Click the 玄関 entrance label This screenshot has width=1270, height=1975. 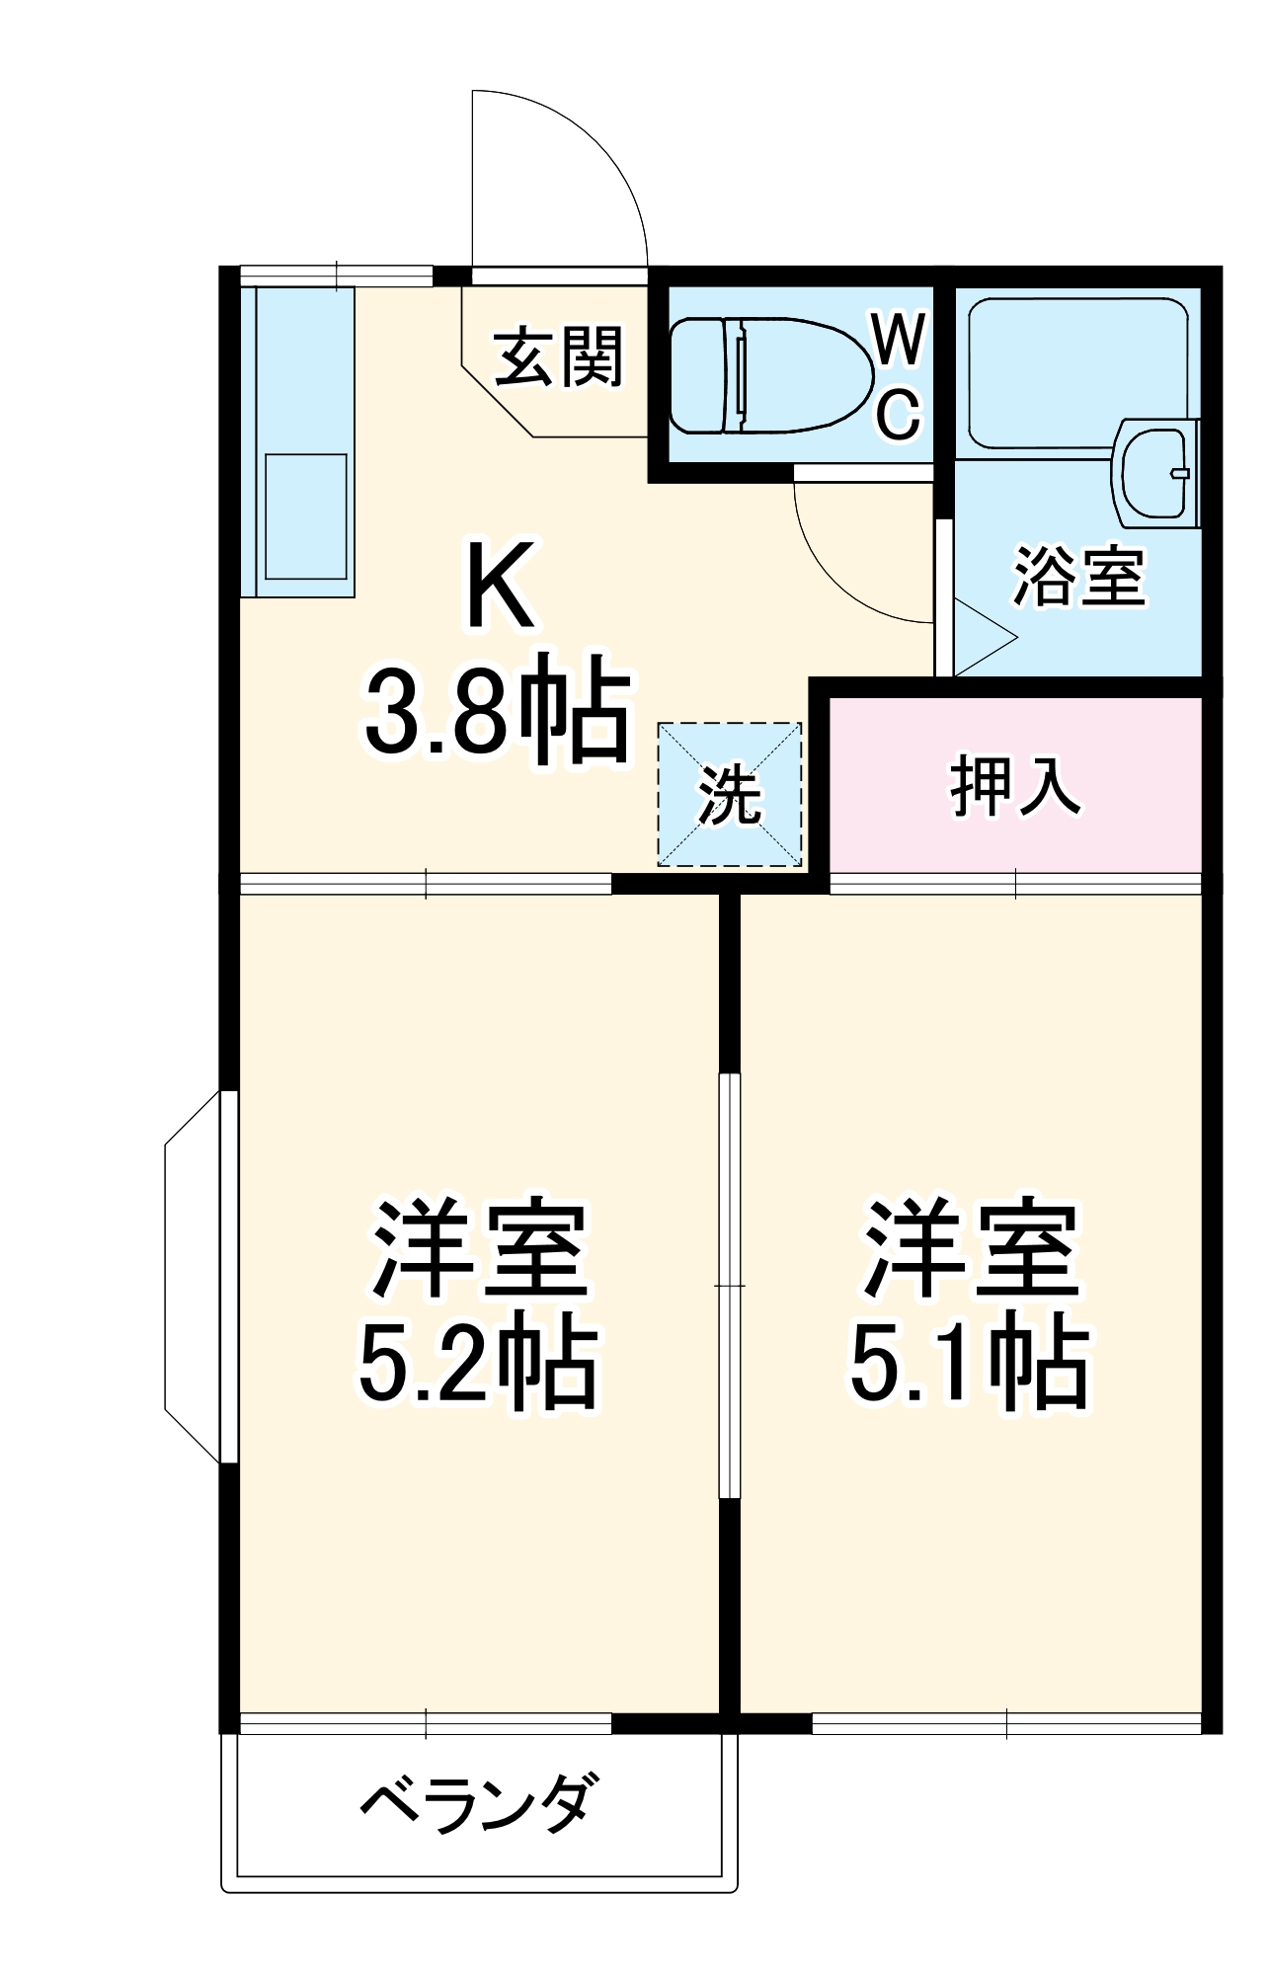[x=559, y=356]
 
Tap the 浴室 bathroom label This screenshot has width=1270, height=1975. [x=1079, y=577]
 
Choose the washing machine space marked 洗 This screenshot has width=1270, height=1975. [x=730, y=794]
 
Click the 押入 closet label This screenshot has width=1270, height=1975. [x=1015, y=786]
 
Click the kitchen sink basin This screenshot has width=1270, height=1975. [x=305, y=516]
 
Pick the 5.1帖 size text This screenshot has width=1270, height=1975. [x=970, y=1365]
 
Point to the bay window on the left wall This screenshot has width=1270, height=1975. [x=198, y=1276]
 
